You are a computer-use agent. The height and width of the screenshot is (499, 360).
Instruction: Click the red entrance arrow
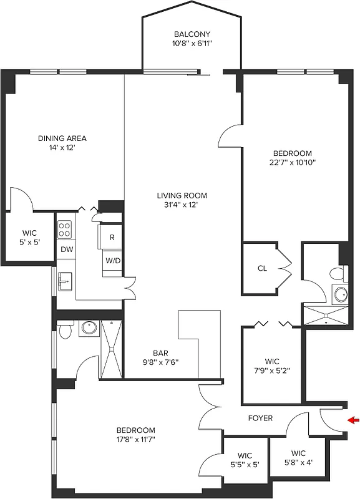coord(353,420)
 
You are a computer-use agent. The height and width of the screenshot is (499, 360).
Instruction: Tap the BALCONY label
coord(192,34)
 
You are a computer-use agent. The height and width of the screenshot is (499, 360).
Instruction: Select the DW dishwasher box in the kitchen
coord(66,249)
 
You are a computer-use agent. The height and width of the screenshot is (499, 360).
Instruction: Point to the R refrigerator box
coord(112,237)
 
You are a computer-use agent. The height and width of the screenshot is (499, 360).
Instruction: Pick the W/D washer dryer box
coord(112,260)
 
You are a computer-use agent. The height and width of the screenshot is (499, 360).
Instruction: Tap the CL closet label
coord(262,269)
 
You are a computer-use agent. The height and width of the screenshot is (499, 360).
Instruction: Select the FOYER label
coord(260,418)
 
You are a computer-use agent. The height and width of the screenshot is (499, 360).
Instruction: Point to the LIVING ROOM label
coord(182,195)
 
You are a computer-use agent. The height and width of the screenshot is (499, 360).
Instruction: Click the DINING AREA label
coord(62,138)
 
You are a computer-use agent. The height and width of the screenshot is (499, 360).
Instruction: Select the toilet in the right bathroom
coord(337,274)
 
